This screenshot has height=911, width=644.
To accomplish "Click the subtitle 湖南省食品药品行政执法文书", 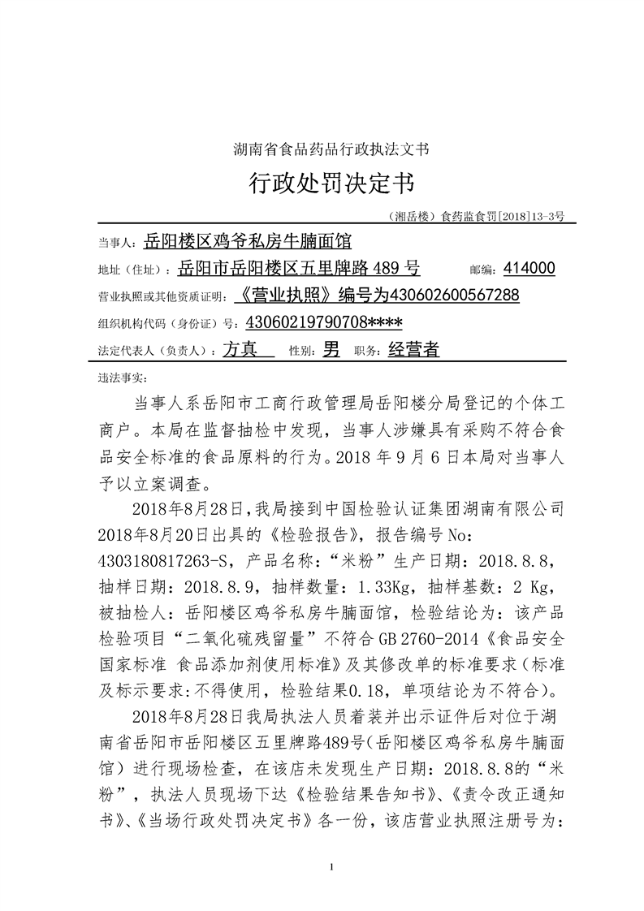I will point(331,149).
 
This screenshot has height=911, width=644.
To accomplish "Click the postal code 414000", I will point(529,268).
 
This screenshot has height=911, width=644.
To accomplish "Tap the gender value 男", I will point(331,350).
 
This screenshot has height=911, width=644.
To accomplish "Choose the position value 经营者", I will point(413,350).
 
